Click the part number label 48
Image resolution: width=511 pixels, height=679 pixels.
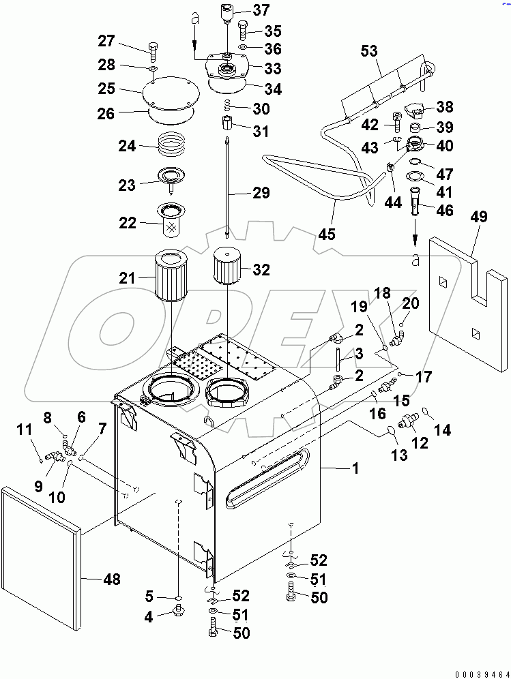click(x=111, y=579)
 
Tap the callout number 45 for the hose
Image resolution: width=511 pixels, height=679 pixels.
click(x=326, y=235)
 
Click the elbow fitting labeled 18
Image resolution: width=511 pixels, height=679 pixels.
click(x=396, y=334)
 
